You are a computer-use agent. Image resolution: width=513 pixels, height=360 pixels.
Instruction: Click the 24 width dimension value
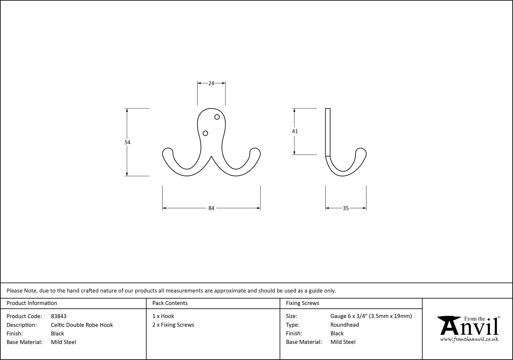click(x=211, y=83)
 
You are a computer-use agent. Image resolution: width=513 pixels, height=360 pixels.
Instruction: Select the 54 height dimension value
click(x=127, y=142)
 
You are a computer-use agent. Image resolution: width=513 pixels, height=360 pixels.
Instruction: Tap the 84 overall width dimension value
click(x=211, y=208)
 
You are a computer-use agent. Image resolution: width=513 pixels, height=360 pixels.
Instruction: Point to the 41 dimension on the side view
click(x=295, y=131)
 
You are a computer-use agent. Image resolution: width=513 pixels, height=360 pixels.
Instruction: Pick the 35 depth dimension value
click(x=346, y=208)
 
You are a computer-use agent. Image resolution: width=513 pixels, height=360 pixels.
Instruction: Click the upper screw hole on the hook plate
click(x=217, y=117)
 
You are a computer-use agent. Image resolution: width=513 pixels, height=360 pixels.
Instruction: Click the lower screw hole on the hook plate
click(x=205, y=133)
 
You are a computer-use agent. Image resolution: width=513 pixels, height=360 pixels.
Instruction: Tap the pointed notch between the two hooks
click(x=211, y=156)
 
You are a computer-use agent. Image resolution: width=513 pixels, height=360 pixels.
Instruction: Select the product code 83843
click(x=59, y=316)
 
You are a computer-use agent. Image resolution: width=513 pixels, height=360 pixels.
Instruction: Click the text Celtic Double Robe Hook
click(x=82, y=325)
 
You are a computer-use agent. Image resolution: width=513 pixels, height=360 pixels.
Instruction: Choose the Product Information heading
click(x=32, y=303)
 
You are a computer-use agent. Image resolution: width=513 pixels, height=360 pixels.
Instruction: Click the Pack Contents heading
click(x=170, y=303)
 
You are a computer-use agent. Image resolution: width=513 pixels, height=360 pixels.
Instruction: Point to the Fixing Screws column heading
click(x=302, y=303)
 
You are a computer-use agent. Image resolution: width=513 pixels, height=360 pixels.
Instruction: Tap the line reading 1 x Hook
click(x=163, y=316)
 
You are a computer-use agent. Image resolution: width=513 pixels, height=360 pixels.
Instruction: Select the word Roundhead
click(x=344, y=325)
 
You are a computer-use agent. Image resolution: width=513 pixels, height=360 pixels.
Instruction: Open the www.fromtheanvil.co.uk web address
click(x=469, y=339)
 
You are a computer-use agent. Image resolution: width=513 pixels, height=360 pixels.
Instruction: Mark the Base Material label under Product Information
click(x=24, y=342)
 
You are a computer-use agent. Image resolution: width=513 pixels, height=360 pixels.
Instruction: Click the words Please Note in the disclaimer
click(x=22, y=291)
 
